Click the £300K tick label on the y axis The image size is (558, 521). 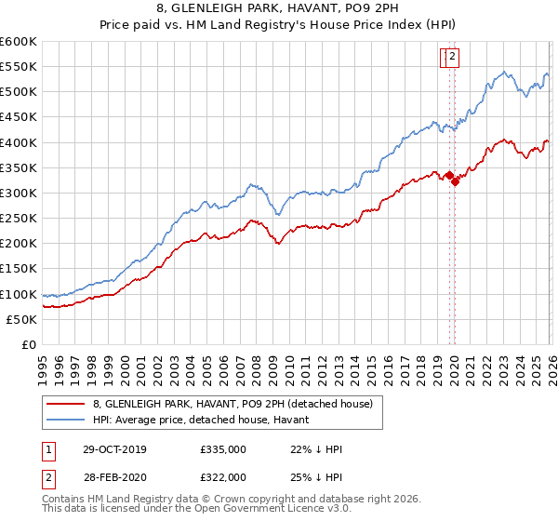tap(19, 193)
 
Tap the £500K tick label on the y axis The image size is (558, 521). tap(19, 91)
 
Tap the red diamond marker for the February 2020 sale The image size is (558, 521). tap(455, 181)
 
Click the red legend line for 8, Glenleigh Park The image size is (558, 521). tap(65, 404)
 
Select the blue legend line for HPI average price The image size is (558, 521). tap(65, 420)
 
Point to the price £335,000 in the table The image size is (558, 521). tap(223, 449)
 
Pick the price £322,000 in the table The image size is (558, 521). tap(223, 477)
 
